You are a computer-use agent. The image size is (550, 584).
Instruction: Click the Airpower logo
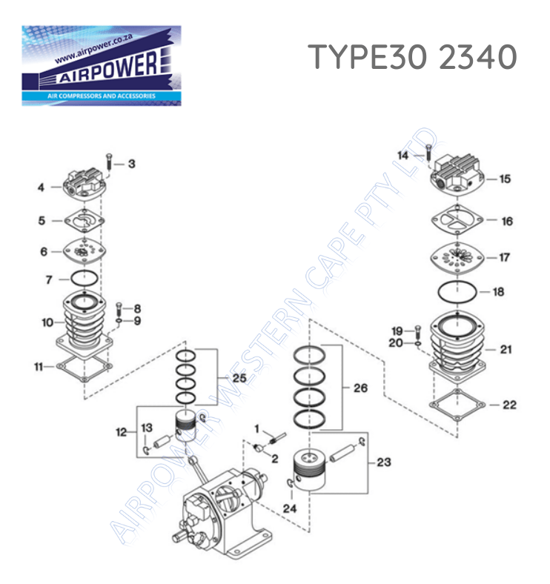[x=101, y=65]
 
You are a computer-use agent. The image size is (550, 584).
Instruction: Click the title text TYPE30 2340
[x=412, y=57]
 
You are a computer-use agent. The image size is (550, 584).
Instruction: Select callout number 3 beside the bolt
[x=131, y=164]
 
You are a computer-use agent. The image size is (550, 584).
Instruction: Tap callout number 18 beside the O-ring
[x=498, y=292]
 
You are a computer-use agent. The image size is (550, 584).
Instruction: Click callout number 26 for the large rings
[x=360, y=388]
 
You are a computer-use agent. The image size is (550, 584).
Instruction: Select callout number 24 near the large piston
[x=288, y=508]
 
